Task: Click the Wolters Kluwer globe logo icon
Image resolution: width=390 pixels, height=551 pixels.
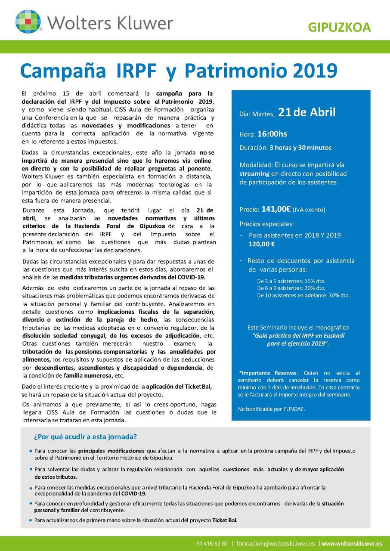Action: click(x=28, y=21)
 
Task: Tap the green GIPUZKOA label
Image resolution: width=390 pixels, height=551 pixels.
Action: click(x=339, y=28)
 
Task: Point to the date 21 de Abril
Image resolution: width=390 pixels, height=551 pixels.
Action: click(x=307, y=113)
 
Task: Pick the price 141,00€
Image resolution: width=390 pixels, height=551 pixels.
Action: click(x=275, y=210)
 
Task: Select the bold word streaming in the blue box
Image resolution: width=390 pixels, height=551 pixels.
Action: click(x=254, y=173)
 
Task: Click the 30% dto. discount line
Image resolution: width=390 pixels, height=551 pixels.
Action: click(x=303, y=295)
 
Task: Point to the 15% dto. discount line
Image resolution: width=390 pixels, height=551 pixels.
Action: click(x=291, y=281)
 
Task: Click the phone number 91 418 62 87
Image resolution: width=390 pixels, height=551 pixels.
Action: click(x=212, y=544)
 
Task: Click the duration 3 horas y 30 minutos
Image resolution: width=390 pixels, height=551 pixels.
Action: click(x=300, y=148)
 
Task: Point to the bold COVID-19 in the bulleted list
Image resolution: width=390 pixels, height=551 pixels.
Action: click(x=133, y=493)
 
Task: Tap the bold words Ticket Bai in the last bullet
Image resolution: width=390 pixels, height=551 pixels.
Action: click(x=224, y=520)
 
